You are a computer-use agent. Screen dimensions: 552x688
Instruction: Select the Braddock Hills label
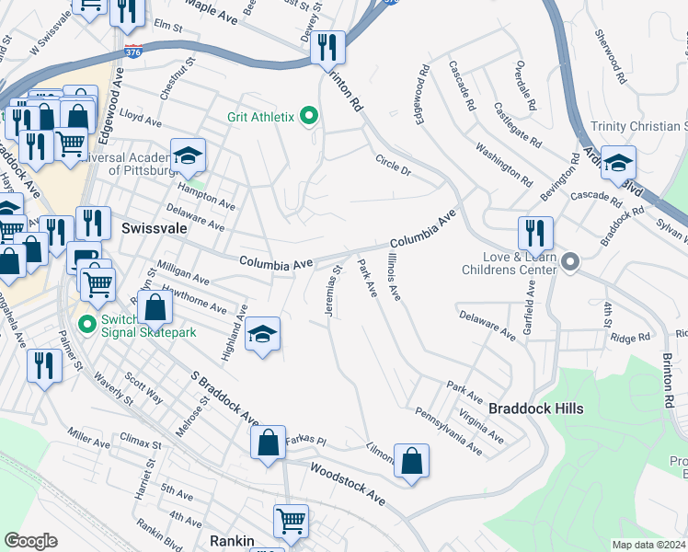(x=535, y=408)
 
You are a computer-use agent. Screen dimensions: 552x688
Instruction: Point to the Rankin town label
(x=231, y=541)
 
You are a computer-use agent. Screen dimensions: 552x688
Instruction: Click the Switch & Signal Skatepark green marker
(x=88, y=324)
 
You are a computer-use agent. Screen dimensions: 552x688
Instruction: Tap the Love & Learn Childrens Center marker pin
(x=570, y=264)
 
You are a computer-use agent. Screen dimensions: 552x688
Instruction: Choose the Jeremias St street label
(x=332, y=292)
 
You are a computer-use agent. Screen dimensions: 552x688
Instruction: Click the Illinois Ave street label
(x=394, y=277)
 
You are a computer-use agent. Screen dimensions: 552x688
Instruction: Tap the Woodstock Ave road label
(x=347, y=484)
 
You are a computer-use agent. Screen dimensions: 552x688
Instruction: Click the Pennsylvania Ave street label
(x=447, y=431)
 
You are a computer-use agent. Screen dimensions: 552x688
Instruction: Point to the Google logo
(x=30, y=541)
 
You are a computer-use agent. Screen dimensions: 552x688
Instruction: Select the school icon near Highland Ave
(x=263, y=337)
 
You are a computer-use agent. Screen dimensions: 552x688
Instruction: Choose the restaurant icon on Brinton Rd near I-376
(x=327, y=47)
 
